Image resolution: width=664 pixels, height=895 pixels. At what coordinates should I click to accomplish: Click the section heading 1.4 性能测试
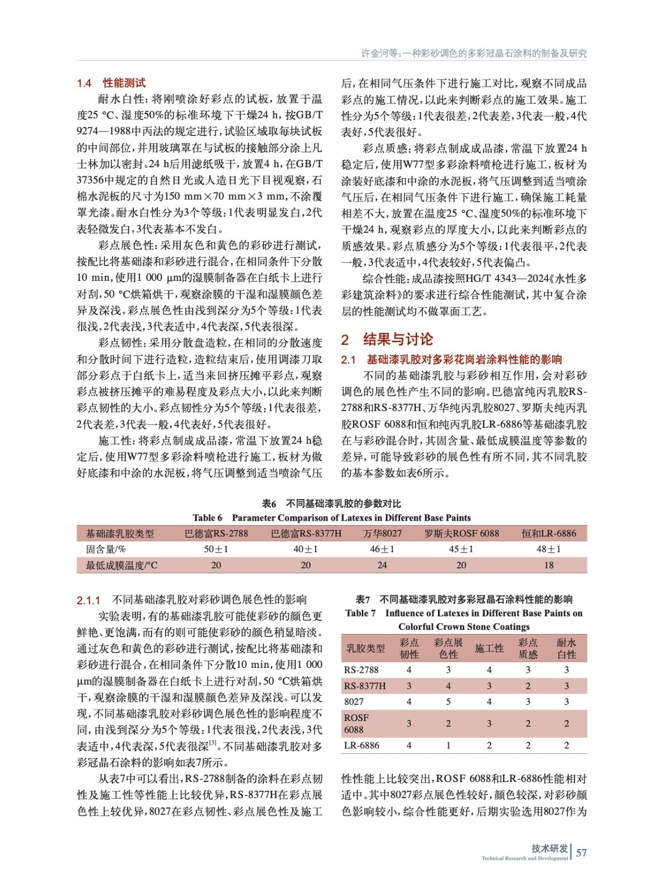[x=111, y=83]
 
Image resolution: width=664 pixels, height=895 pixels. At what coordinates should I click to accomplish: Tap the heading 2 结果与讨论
[x=387, y=339]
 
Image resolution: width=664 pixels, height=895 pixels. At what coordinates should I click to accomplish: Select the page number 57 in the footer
[x=581, y=852]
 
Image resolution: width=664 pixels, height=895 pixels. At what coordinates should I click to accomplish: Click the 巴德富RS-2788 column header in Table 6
[x=216, y=534]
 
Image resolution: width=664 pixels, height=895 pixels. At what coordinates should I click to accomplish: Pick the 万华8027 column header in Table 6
[x=382, y=534]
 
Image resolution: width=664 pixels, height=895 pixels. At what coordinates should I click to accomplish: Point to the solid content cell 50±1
[x=216, y=549]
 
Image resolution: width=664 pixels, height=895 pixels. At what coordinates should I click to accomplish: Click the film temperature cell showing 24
[x=382, y=565]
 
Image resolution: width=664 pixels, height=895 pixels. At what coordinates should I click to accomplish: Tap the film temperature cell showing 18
[x=549, y=565]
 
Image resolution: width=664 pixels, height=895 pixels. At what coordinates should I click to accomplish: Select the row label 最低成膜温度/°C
[x=121, y=565]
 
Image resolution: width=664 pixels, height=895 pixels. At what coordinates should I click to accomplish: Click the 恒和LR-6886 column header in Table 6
[x=549, y=534]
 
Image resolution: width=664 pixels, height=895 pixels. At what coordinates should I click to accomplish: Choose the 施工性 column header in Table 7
[x=489, y=648]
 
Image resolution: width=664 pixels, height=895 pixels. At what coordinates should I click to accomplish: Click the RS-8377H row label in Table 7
[x=365, y=686]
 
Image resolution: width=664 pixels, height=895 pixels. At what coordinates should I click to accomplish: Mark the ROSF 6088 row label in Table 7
[x=356, y=723]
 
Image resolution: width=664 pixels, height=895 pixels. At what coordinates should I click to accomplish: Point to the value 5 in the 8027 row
[x=448, y=701]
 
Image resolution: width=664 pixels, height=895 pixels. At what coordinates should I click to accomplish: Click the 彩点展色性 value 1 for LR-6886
[x=448, y=745]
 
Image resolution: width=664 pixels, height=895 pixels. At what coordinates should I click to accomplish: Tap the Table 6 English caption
[x=332, y=518]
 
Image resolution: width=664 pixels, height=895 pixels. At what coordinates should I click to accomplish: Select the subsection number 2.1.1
[x=88, y=601]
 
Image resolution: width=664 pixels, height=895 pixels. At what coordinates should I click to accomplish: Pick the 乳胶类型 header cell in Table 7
[x=365, y=648]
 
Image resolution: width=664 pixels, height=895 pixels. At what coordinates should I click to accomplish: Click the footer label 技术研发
[x=549, y=849]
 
